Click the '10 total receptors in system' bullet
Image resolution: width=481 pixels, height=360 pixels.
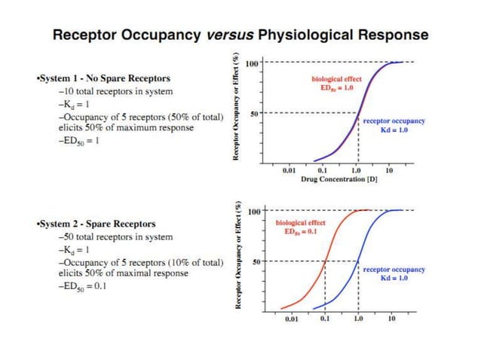pyautogui.click(x=115, y=91)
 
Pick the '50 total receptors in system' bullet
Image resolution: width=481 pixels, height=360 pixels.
pyautogui.click(x=115, y=236)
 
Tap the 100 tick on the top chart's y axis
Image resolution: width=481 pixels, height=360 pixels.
pyautogui.click(x=254, y=63)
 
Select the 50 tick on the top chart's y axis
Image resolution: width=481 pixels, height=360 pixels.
pyautogui.click(x=256, y=113)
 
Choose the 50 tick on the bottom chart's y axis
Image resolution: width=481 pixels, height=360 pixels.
pyautogui.click(x=256, y=261)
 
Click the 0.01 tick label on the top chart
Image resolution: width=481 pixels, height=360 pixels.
pyautogui.click(x=289, y=171)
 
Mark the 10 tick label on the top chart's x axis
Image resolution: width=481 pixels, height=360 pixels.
pyautogui.click(x=389, y=171)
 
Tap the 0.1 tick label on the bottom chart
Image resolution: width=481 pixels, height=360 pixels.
pyautogui.click(x=325, y=319)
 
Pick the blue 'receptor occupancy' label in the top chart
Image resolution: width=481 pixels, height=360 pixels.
pyautogui.click(x=394, y=121)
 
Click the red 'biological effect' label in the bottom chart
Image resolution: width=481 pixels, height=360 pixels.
pyautogui.click(x=300, y=223)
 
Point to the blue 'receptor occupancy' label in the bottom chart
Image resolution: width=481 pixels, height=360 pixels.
pyautogui.click(x=394, y=269)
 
